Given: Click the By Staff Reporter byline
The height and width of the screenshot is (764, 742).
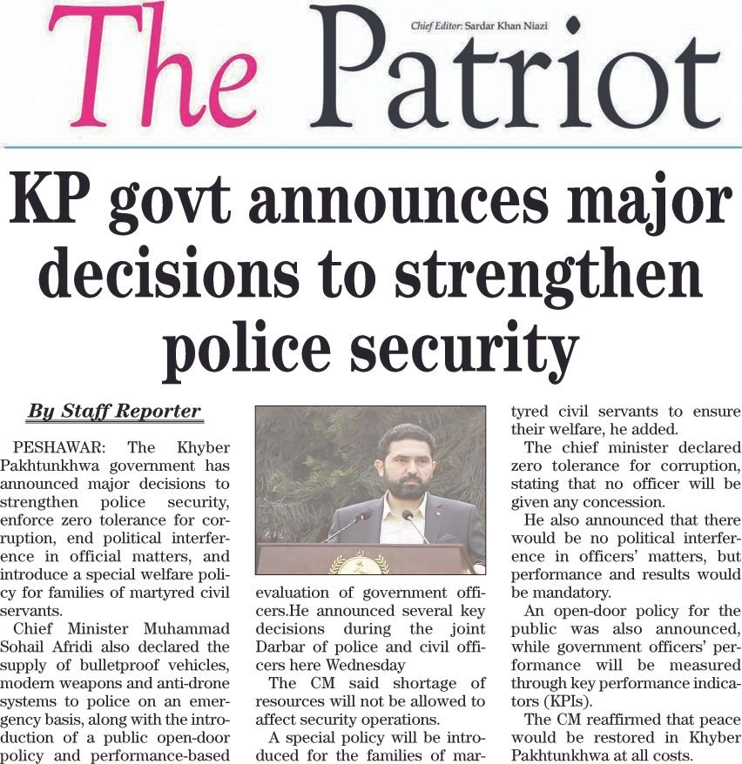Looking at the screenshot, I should pyautogui.click(x=114, y=410).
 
